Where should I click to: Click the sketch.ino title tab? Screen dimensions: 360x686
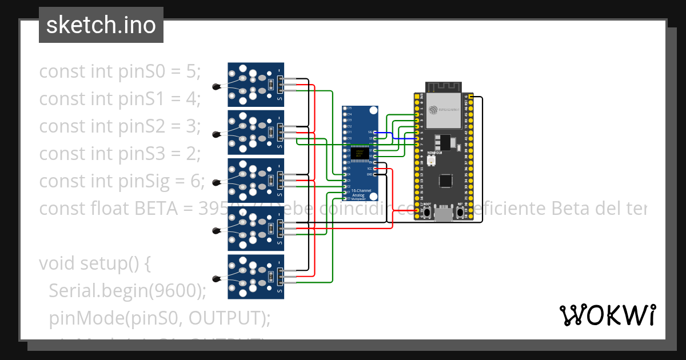[101, 25]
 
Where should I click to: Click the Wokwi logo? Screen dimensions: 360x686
[607, 315]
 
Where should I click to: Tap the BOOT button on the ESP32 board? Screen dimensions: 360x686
[427, 213]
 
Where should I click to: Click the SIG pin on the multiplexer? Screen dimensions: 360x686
[374, 132]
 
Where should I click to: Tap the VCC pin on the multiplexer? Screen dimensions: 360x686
[374, 169]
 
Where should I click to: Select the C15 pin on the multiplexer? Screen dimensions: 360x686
[345, 109]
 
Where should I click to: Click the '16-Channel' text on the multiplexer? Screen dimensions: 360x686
[361, 190]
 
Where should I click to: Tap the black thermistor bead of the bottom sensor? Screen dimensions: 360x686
[216, 279]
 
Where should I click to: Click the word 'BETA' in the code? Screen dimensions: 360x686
[154, 209]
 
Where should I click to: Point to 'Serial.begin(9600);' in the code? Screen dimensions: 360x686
[127, 291]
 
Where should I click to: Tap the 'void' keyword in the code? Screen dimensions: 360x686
[57, 263]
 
